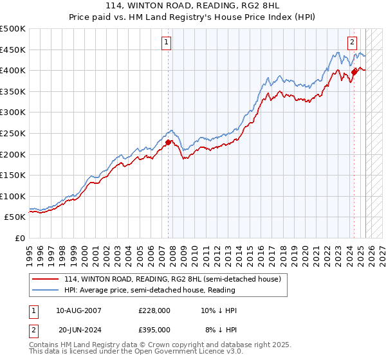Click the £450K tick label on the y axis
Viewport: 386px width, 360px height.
tap(13, 50)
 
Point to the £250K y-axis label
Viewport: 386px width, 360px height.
tap(13, 133)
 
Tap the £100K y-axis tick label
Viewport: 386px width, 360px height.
tap(13, 196)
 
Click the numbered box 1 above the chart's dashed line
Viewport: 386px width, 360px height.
tap(167, 43)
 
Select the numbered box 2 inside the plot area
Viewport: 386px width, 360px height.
tap(353, 43)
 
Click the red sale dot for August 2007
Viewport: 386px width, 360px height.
tap(169, 142)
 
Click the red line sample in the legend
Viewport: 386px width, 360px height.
tap(46, 280)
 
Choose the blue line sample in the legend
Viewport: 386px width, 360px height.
tap(46, 291)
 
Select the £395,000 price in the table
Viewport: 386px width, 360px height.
tap(154, 329)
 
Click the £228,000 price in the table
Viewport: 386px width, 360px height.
tap(154, 310)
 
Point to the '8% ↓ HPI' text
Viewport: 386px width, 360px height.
tap(221, 329)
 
